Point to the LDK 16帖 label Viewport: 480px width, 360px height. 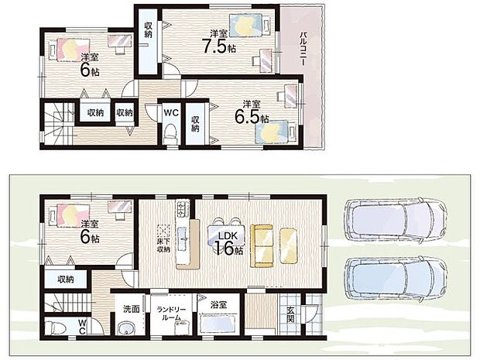click(x=228, y=244)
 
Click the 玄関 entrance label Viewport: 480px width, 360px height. click(x=290, y=315)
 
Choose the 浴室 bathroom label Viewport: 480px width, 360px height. click(x=218, y=304)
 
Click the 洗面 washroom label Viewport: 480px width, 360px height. click(x=132, y=309)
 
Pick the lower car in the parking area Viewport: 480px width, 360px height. click(x=396, y=278)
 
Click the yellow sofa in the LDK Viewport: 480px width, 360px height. click(x=262, y=246)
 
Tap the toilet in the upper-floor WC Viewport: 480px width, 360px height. click(x=170, y=134)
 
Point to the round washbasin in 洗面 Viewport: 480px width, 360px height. click(x=125, y=329)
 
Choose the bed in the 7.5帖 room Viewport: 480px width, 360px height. click(x=250, y=26)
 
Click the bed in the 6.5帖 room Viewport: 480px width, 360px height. click(x=276, y=132)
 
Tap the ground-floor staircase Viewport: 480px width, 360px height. click(x=68, y=303)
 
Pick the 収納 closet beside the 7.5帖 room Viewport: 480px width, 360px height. click(x=148, y=42)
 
